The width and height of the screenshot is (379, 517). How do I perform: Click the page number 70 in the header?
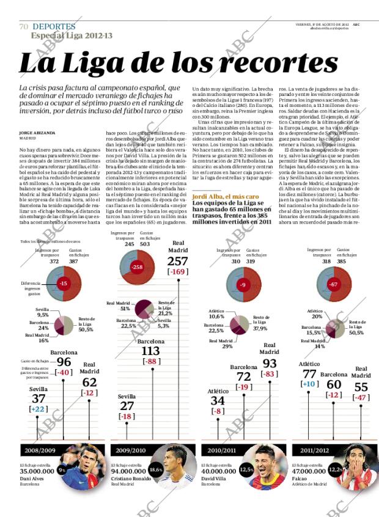coord(24,27)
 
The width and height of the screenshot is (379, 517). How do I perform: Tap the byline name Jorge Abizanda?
coord(37,132)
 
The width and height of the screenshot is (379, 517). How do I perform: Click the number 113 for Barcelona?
coord(150,351)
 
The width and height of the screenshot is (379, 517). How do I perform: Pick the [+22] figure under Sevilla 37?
coord(39,409)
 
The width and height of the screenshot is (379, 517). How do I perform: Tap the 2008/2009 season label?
coord(40,450)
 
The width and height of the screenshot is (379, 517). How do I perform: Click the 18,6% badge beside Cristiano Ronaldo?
coord(155,470)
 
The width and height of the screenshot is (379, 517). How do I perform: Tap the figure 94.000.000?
coord(129,471)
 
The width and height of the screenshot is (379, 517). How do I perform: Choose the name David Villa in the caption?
coord(215,478)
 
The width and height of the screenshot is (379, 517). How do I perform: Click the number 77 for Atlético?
coord(309,373)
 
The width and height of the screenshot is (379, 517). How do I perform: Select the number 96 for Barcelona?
coord(64,362)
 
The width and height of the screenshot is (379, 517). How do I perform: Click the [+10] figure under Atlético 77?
coord(309,384)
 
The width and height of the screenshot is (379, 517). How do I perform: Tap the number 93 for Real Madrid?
coord(270,363)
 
